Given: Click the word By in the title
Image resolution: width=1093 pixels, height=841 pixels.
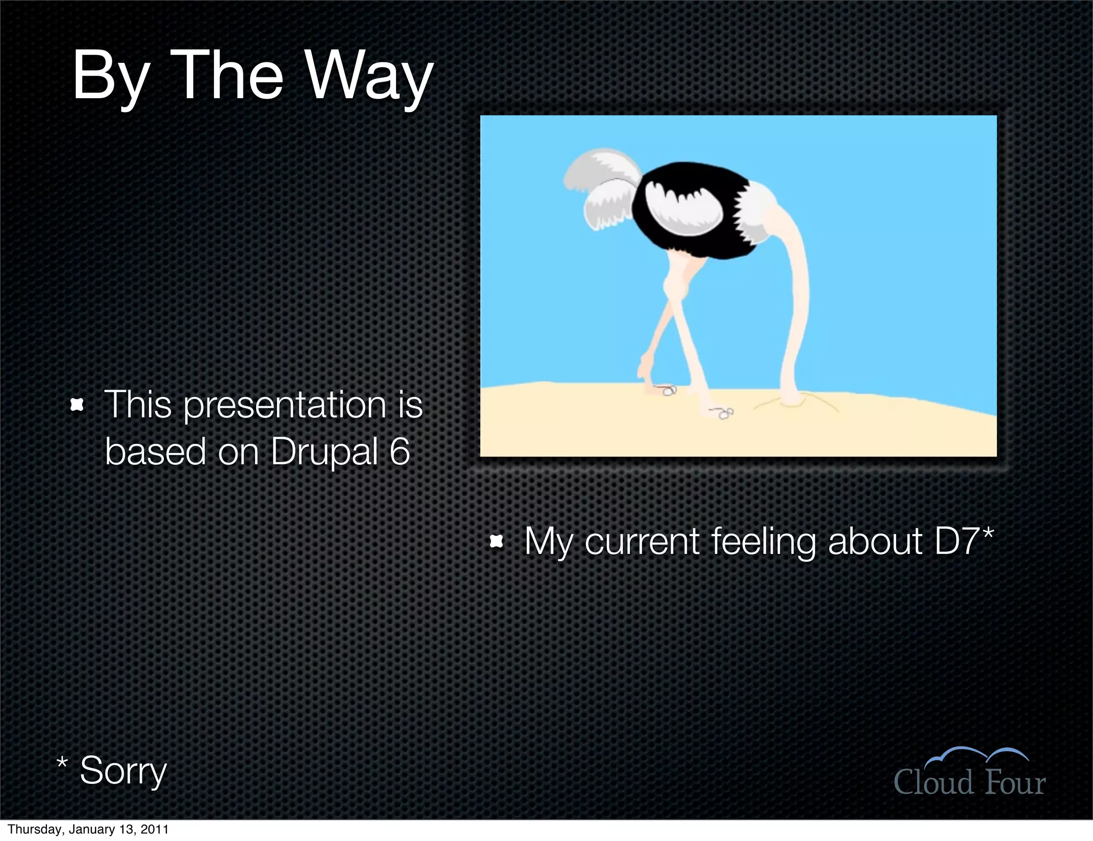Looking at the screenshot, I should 110,77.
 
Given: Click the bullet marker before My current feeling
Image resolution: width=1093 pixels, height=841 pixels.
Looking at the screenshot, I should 496,542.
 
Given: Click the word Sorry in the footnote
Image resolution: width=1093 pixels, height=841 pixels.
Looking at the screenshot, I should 123,771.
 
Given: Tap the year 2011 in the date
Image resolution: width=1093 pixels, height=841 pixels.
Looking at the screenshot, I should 155,830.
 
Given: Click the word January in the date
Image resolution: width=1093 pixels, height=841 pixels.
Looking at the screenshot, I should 93,830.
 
